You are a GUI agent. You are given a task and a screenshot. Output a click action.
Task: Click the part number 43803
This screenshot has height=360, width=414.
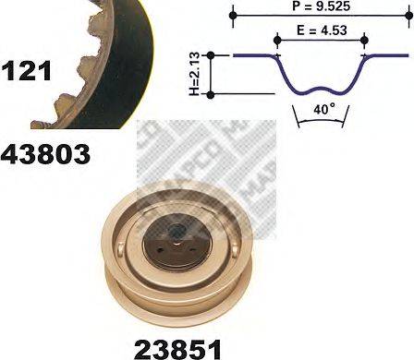pyautogui.click(x=46, y=152)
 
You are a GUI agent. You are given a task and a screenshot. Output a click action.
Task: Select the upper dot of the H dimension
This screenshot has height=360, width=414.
pyautogui.click(x=213, y=55)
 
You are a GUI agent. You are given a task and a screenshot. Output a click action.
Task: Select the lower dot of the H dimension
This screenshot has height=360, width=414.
pyautogui.click(x=213, y=93)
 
